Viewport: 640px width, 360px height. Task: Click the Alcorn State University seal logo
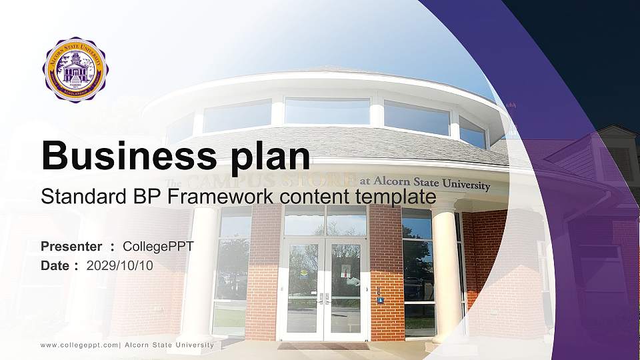(x=75, y=69)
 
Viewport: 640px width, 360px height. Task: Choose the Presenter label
(x=71, y=247)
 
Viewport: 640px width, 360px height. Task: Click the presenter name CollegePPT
(x=158, y=247)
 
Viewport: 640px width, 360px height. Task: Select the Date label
(x=55, y=265)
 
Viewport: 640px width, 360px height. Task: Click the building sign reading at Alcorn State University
(x=425, y=183)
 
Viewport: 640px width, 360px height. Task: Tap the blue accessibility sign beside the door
(x=381, y=300)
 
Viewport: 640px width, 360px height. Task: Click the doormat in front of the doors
(x=323, y=346)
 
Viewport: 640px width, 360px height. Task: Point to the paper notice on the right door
(x=346, y=270)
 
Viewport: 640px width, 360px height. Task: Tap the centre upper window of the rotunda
(x=327, y=111)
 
